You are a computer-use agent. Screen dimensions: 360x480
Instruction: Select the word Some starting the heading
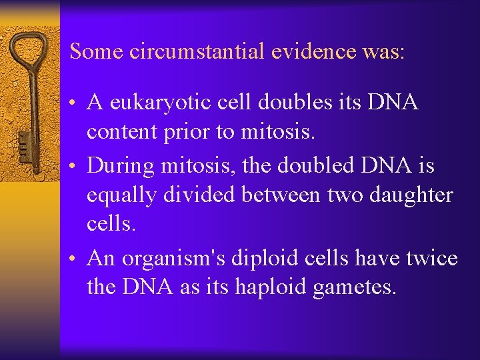pos(94,51)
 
